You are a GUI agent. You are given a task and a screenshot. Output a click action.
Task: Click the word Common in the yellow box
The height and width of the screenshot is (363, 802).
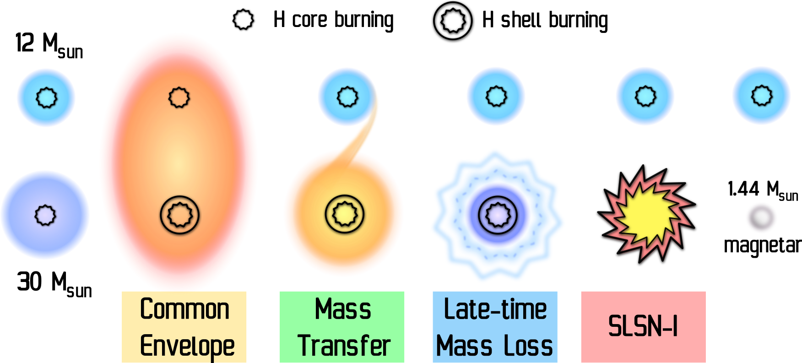coord(184,309)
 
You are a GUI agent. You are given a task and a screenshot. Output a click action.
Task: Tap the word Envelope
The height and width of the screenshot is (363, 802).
coord(187,346)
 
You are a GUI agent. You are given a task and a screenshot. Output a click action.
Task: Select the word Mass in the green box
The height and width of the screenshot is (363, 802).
coord(343,309)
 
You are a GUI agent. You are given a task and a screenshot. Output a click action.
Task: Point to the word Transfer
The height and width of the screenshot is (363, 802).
coord(344,346)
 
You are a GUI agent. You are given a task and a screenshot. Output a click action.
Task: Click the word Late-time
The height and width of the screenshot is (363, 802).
coord(495,309)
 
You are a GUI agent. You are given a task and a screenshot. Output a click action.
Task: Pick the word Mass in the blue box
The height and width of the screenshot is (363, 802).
coord(465,346)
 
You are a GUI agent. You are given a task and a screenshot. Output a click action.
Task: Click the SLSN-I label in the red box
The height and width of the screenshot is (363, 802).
coord(643,326)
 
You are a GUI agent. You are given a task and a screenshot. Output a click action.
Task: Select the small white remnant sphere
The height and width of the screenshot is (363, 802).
coord(761,217)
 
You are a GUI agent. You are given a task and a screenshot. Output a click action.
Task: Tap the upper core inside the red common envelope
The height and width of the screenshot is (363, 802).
coord(179,98)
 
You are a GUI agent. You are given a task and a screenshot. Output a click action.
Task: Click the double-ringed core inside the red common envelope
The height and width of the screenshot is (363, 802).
coord(180,215)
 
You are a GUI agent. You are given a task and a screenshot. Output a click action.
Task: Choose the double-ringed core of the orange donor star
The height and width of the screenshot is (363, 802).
coord(345,214)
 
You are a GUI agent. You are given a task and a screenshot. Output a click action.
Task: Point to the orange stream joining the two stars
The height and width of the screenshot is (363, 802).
coord(366,133)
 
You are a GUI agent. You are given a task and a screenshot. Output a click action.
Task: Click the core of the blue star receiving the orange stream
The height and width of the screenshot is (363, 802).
coord(347,97)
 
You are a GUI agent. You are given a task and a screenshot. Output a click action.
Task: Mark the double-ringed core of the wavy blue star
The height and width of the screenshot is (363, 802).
coord(498,215)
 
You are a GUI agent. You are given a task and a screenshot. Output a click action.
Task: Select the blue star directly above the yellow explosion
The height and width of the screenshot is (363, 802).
coord(645,96)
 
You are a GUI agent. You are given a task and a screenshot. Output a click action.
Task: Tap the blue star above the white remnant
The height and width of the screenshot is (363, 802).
coord(761,95)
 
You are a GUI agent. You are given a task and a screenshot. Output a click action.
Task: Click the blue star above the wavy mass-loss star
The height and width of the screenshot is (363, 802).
coord(496,96)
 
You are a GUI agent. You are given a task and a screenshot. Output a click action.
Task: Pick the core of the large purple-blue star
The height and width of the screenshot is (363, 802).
coord(45,215)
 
